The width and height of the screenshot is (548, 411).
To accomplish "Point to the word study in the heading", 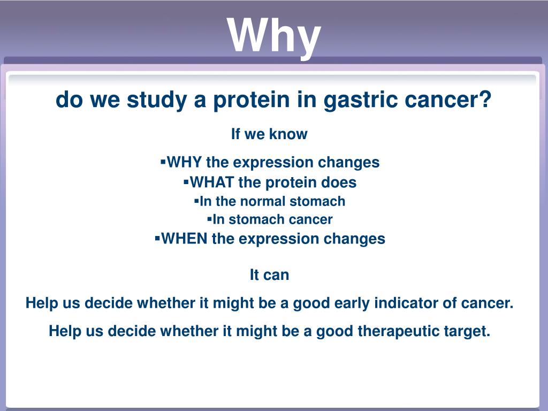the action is tap(157, 101).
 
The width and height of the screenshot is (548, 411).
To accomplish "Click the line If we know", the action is tap(269, 134).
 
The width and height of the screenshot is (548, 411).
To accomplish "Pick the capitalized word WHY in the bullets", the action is tap(184, 162).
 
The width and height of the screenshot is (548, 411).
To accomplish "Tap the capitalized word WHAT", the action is tap(212, 182).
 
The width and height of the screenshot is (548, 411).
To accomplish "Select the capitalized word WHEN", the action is tap(184, 239).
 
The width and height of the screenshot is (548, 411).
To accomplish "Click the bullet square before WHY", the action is tap(163, 162).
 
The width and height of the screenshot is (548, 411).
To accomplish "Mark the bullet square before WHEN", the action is tap(157, 238).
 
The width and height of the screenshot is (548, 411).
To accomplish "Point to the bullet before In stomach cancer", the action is tap(209, 219).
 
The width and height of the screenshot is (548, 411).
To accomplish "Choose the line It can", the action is tap(270, 275).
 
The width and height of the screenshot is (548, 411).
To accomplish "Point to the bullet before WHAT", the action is tap(186, 181).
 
